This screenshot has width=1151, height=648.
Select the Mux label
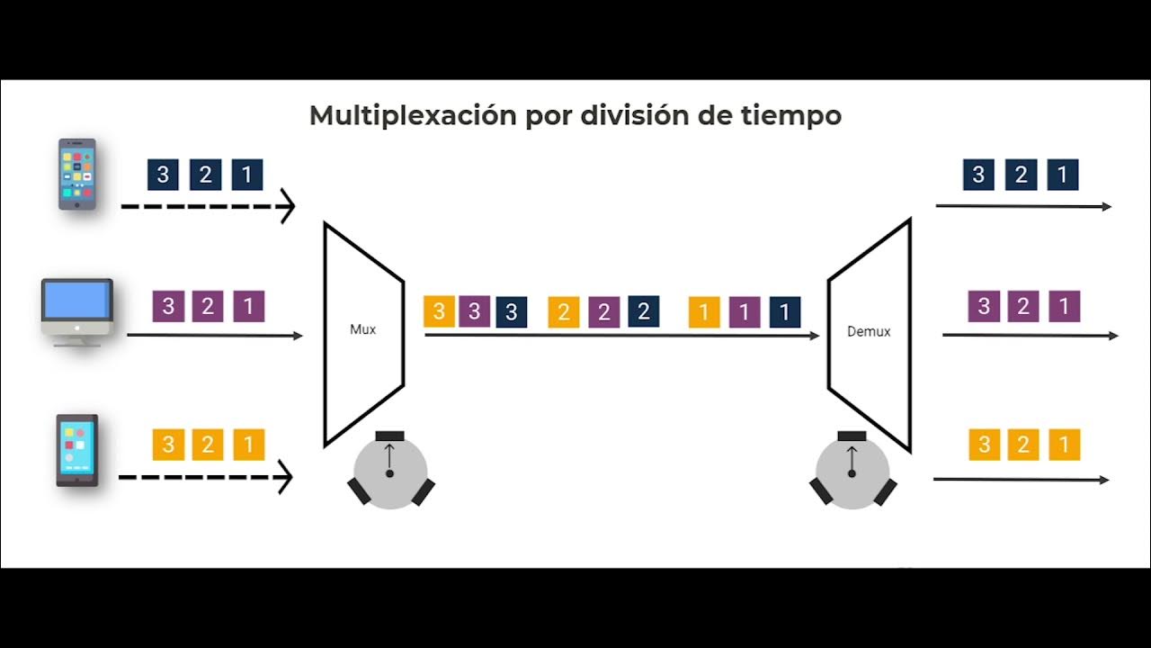point(362,329)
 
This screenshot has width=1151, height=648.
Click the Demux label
point(869,331)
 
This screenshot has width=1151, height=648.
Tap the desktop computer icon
point(77,310)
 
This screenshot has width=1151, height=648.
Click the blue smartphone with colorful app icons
point(77,174)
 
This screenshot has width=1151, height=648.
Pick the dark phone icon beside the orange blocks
point(77,450)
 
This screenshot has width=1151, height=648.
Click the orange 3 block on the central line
point(439,312)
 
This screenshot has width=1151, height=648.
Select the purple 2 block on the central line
point(604,312)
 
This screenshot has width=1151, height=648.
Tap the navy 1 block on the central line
point(784,312)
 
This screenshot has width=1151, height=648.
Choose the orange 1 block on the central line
point(704,312)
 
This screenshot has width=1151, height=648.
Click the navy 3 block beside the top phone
point(163,175)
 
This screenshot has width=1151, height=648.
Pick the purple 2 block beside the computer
point(208,307)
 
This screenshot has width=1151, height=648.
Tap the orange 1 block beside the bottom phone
point(249,445)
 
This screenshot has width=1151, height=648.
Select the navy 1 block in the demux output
point(1063,175)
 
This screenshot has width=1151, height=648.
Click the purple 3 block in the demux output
point(984,307)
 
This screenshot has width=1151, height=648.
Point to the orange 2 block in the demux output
point(1023,445)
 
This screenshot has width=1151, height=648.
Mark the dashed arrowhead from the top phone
point(287,206)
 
